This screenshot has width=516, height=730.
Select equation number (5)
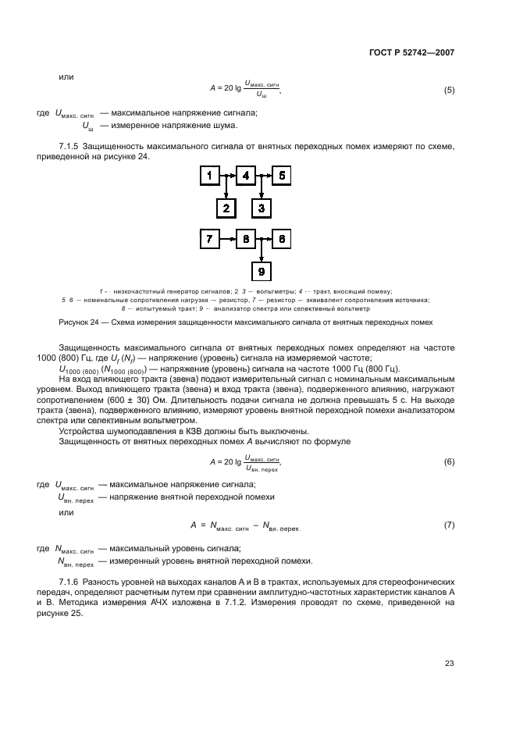449,90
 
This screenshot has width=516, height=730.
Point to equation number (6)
449,462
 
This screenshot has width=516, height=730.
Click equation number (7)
449,525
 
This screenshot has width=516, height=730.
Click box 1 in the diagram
209,176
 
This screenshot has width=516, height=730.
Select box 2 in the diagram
226,207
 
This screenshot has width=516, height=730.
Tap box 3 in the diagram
262,207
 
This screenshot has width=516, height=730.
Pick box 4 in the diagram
245,176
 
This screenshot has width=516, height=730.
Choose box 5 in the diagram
281,176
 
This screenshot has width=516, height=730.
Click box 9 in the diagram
262,270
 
